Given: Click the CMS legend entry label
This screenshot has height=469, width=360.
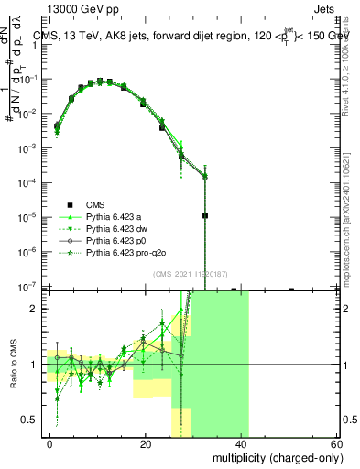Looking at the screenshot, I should [x=95, y=204].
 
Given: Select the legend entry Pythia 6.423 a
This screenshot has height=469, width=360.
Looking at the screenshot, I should [x=115, y=216].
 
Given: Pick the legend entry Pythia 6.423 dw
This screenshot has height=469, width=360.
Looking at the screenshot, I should [x=116, y=228].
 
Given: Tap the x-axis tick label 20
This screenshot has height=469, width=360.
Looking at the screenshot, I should [x=146, y=442].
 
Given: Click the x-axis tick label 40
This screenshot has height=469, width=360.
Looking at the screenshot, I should [x=242, y=442].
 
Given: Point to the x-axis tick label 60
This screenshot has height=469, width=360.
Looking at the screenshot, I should [x=337, y=442].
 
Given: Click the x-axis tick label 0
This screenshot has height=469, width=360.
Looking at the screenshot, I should [x=50, y=442].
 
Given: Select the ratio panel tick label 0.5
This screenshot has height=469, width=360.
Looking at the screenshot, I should [x=33, y=420].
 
